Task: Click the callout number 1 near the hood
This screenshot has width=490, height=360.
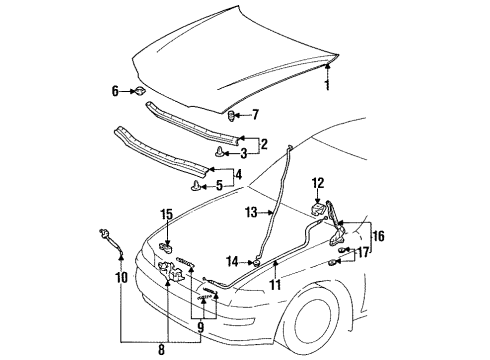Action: [328, 85]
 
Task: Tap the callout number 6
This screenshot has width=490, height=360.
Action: [115, 91]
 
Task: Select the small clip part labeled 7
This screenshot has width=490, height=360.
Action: [232, 116]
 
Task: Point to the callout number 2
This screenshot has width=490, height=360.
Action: [264, 144]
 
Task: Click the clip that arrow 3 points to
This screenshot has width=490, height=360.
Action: [219, 152]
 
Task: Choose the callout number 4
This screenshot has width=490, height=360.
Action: [238, 174]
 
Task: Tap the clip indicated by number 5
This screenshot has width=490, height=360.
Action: [196, 185]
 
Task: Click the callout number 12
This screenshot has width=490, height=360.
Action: [318, 183]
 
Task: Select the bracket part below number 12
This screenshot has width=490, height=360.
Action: [317, 209]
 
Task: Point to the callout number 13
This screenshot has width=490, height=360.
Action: [251, 212]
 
